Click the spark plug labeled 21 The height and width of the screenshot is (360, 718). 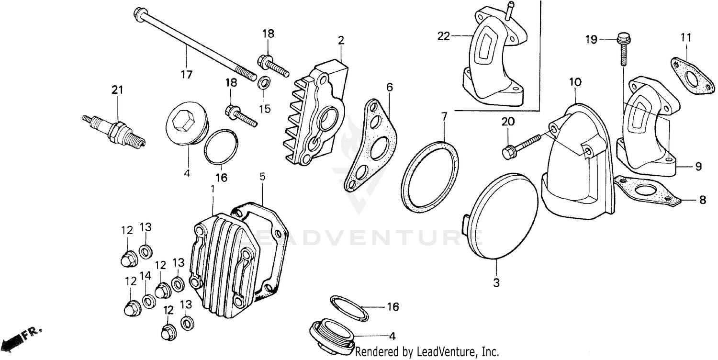tap(114, 129)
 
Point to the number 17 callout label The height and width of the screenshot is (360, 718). tap(186, 74)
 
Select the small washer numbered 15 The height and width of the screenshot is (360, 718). tap(263, 83)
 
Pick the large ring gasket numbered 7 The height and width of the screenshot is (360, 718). tap(429, 176)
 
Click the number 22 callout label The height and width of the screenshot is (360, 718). tap(444, 36)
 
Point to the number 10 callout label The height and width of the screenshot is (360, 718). tap(575, 82)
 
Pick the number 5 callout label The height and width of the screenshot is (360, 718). tap(262, 176)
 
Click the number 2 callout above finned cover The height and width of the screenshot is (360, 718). tap(340, 40)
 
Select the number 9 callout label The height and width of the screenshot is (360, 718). tap(698, 167)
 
